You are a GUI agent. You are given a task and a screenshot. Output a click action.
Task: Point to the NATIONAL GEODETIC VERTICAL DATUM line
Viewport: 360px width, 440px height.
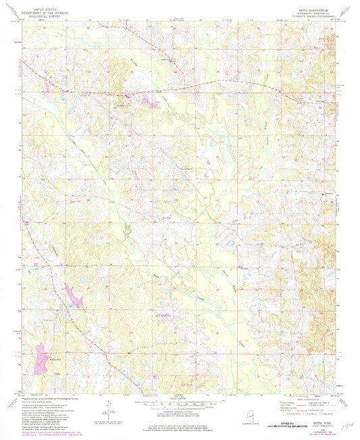click(x=180, y=417)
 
